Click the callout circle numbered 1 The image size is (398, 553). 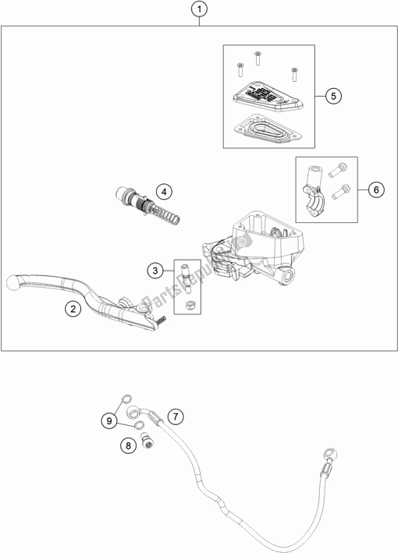200,10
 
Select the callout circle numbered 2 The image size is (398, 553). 71,310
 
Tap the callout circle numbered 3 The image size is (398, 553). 155,271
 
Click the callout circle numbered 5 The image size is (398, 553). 332,96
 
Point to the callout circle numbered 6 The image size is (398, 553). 375,189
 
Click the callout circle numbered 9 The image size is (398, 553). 110,421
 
